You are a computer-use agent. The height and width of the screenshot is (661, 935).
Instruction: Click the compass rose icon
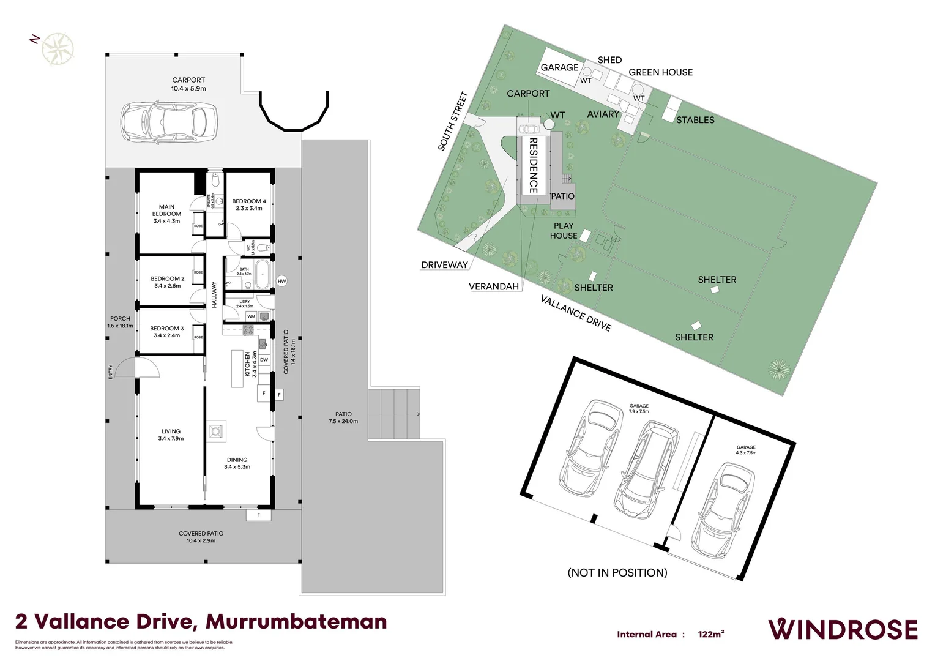pos(58,49)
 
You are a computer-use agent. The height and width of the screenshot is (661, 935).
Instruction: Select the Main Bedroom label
pos(166,214)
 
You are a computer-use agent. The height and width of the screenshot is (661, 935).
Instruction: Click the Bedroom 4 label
pos(249,204)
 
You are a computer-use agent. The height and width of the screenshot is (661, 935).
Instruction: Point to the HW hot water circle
pos(281,282)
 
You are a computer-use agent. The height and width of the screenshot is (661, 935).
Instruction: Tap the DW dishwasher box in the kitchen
pos(264,360)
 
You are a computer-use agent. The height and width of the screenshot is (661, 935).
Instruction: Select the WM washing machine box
pos(251,316)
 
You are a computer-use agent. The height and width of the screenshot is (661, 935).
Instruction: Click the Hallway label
pos(214,294)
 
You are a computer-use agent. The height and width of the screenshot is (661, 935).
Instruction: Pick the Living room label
pos(171,435)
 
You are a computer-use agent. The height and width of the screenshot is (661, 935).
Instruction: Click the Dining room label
pos(237,463)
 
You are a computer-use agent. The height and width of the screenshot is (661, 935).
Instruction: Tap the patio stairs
pos(394,414)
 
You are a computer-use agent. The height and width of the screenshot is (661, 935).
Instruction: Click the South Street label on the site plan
pos(453,121)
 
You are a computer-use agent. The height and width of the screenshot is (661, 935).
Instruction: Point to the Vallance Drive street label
pos(575,313)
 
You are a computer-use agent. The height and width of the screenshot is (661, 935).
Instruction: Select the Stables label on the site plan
pos(695,120)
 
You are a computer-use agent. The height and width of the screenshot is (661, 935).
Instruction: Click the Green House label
pos(660,72)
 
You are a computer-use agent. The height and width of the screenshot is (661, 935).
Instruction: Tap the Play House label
pos(563,231)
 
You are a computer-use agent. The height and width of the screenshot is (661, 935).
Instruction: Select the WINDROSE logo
pos(843,630)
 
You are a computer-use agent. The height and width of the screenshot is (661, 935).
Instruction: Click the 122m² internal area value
pos(710,635)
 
